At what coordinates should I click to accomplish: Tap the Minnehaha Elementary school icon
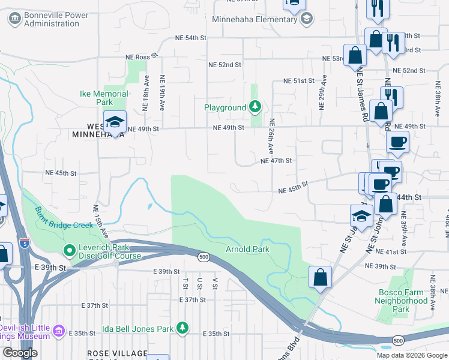click(307, 18)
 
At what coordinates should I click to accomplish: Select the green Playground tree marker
click(256, 107)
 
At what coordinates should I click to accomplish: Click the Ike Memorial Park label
click(104, 98)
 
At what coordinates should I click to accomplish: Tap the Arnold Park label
click(247, 249)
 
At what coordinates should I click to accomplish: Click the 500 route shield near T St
click(203, 257)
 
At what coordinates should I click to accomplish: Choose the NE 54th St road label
click(190, 38)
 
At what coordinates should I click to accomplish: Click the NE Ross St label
click(141, 55)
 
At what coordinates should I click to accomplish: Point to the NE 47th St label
click(276, 161)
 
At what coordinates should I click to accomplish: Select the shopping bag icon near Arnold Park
click(321, 277)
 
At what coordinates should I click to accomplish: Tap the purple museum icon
click(58, 331)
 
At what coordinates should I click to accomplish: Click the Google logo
click(20, 353)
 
